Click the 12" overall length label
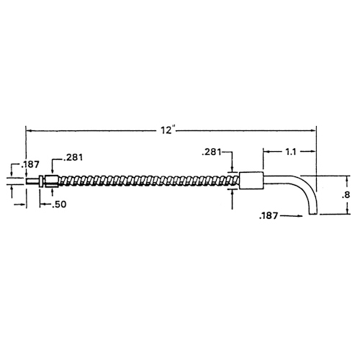167,130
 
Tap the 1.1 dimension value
291,152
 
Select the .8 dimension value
346,195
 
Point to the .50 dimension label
59,204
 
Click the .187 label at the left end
30,164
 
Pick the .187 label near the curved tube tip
269,215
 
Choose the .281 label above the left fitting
73,158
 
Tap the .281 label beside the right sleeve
212,152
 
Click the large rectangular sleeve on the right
251,181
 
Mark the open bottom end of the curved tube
313,214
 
